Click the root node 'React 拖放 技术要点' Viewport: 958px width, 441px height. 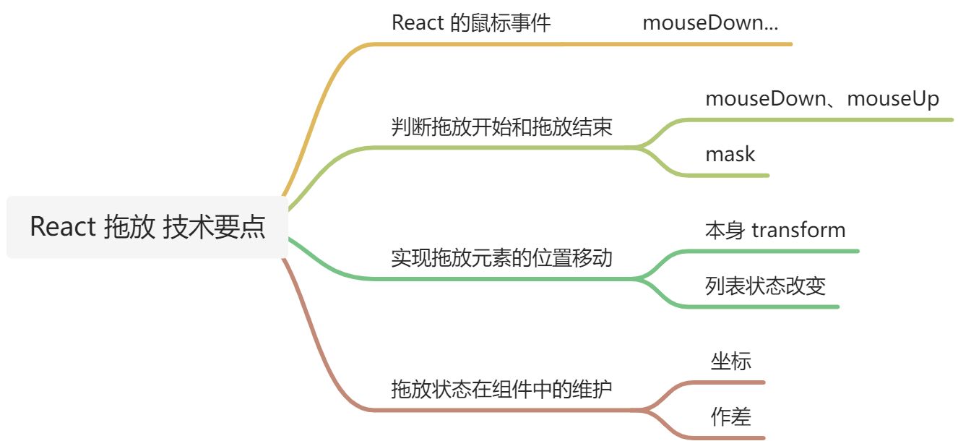147,227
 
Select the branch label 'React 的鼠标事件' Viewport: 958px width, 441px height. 471,22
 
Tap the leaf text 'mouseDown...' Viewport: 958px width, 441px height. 710,22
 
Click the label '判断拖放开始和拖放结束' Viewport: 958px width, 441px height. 501,127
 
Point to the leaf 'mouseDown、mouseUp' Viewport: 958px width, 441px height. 822,98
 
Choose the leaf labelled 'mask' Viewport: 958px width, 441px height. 730,154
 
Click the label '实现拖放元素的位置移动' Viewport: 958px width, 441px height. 501,257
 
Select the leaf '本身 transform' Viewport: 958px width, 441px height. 774,230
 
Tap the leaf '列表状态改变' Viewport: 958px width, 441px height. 765,286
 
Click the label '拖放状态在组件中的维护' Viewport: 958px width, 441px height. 501,390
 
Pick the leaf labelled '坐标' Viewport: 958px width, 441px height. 731,361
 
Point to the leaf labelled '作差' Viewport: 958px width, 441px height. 731,416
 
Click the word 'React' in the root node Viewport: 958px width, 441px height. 63,227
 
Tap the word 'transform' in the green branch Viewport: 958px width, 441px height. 798,230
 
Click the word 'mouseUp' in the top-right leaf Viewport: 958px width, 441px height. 893,98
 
